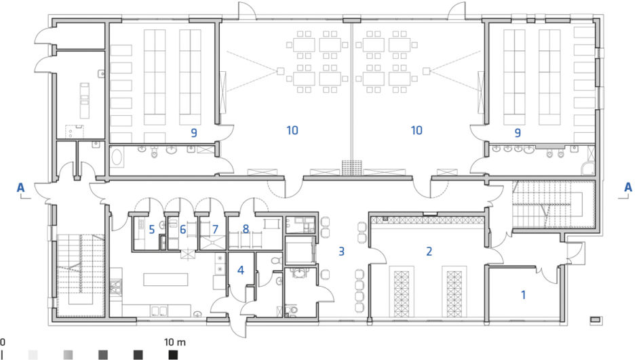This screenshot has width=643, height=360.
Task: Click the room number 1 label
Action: [x=523, y=295]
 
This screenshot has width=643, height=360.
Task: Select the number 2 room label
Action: [x=429, y=252]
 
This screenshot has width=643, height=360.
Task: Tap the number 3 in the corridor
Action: [x=342, y=252]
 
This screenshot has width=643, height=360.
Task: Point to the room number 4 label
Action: [x=241, y=271]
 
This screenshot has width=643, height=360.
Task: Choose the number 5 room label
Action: [x=152, y=229]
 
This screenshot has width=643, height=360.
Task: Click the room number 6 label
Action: [x=183, y=229]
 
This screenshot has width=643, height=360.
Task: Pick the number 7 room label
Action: [x=215, y=229]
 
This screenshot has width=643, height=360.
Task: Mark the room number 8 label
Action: [x=246, y=228]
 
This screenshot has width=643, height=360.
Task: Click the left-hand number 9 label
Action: [x=194, y=132]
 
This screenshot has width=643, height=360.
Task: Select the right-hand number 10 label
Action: [x=416, y=130]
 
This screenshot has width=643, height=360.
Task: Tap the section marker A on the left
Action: [x=20, y=188]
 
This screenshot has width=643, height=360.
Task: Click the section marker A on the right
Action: [x=628, y=187]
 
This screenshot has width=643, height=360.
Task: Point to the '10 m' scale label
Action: [x=175, y=342]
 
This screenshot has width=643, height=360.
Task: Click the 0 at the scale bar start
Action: [x=3, y=342]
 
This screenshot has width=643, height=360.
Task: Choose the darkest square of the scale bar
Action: [x=173, y=355]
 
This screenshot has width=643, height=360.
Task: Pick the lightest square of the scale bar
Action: [x=33, y=355]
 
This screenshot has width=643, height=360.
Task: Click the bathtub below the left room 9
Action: [x=117, y=157]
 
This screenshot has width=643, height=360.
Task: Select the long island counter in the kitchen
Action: [x=165, y=279]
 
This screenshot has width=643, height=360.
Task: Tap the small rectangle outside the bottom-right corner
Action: [x=596, y=319]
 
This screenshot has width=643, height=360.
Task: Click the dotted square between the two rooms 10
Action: [x=352, y=167]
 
